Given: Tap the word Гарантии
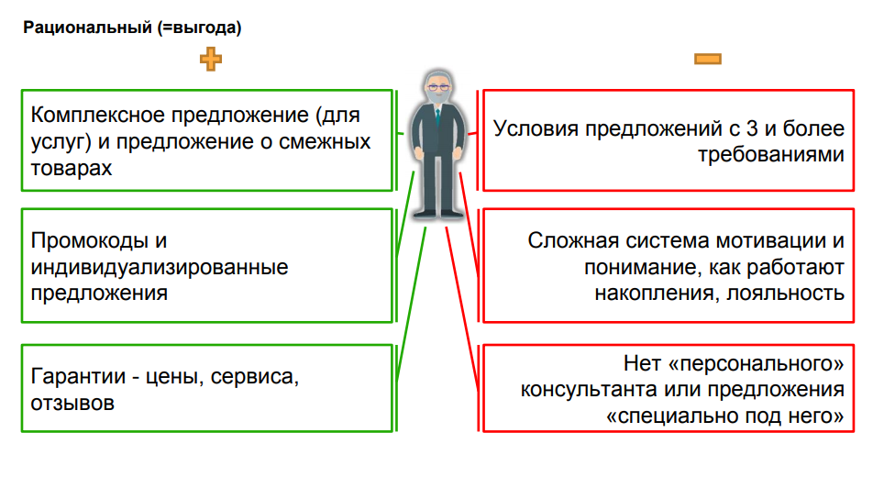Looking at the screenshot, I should pos(80,377).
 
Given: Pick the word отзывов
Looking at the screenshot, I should pos(72,403).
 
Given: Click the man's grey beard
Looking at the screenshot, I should pos(436,99).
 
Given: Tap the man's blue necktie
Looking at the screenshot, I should pos(436,118).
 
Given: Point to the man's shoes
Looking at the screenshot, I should pos(436,212).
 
